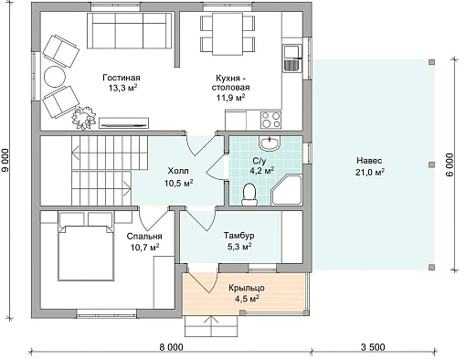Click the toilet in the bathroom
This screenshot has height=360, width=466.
(249, 195)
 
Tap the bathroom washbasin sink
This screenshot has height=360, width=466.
(270, 143)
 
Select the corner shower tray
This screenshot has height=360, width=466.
(286, 190)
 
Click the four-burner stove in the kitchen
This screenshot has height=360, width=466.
(271, 120)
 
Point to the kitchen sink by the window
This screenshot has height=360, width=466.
(292, 58)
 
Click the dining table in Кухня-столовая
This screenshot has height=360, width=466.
(228, 34)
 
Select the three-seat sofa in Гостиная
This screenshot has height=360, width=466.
(129, 30)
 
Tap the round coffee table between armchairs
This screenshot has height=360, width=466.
(55, 77)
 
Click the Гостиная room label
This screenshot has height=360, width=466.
(122, 78)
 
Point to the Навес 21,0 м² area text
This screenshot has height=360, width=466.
(369, 166)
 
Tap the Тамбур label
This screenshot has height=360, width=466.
(239, 236)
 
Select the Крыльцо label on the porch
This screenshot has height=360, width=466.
(247, 288)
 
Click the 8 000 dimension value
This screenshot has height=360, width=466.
(172, 347)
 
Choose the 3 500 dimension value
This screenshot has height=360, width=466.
(373, 347)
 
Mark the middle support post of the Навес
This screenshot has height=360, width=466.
(431, 164)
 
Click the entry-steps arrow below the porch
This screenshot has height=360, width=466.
(211, 326)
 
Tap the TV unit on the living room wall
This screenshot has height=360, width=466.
(124, 123)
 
